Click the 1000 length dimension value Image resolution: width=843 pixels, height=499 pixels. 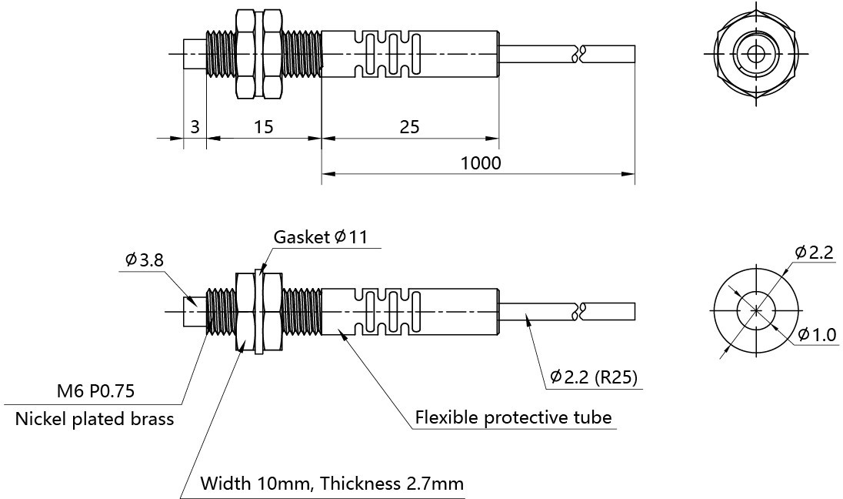(481, 163)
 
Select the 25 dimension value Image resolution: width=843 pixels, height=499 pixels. (410, 127)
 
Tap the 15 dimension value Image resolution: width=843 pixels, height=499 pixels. (263, 127)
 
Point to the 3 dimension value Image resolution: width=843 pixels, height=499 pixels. (195, 127)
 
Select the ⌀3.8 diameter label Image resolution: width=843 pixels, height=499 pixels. (145, 260)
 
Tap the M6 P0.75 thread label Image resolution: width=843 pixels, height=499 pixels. (95, 391)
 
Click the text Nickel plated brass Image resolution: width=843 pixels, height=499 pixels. (95, 420)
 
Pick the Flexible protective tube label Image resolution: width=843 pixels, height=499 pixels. (513, 417)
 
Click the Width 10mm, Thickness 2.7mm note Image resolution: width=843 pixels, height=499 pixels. (332, 484)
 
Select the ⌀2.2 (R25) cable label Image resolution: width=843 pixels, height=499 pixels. (595, 377)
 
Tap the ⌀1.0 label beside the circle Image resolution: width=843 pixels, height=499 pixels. (816, 335)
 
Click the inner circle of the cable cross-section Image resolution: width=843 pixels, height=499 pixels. (757, 310)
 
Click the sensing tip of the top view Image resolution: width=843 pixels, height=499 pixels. (195, 54)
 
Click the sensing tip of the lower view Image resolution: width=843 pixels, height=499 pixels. (195, 312)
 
